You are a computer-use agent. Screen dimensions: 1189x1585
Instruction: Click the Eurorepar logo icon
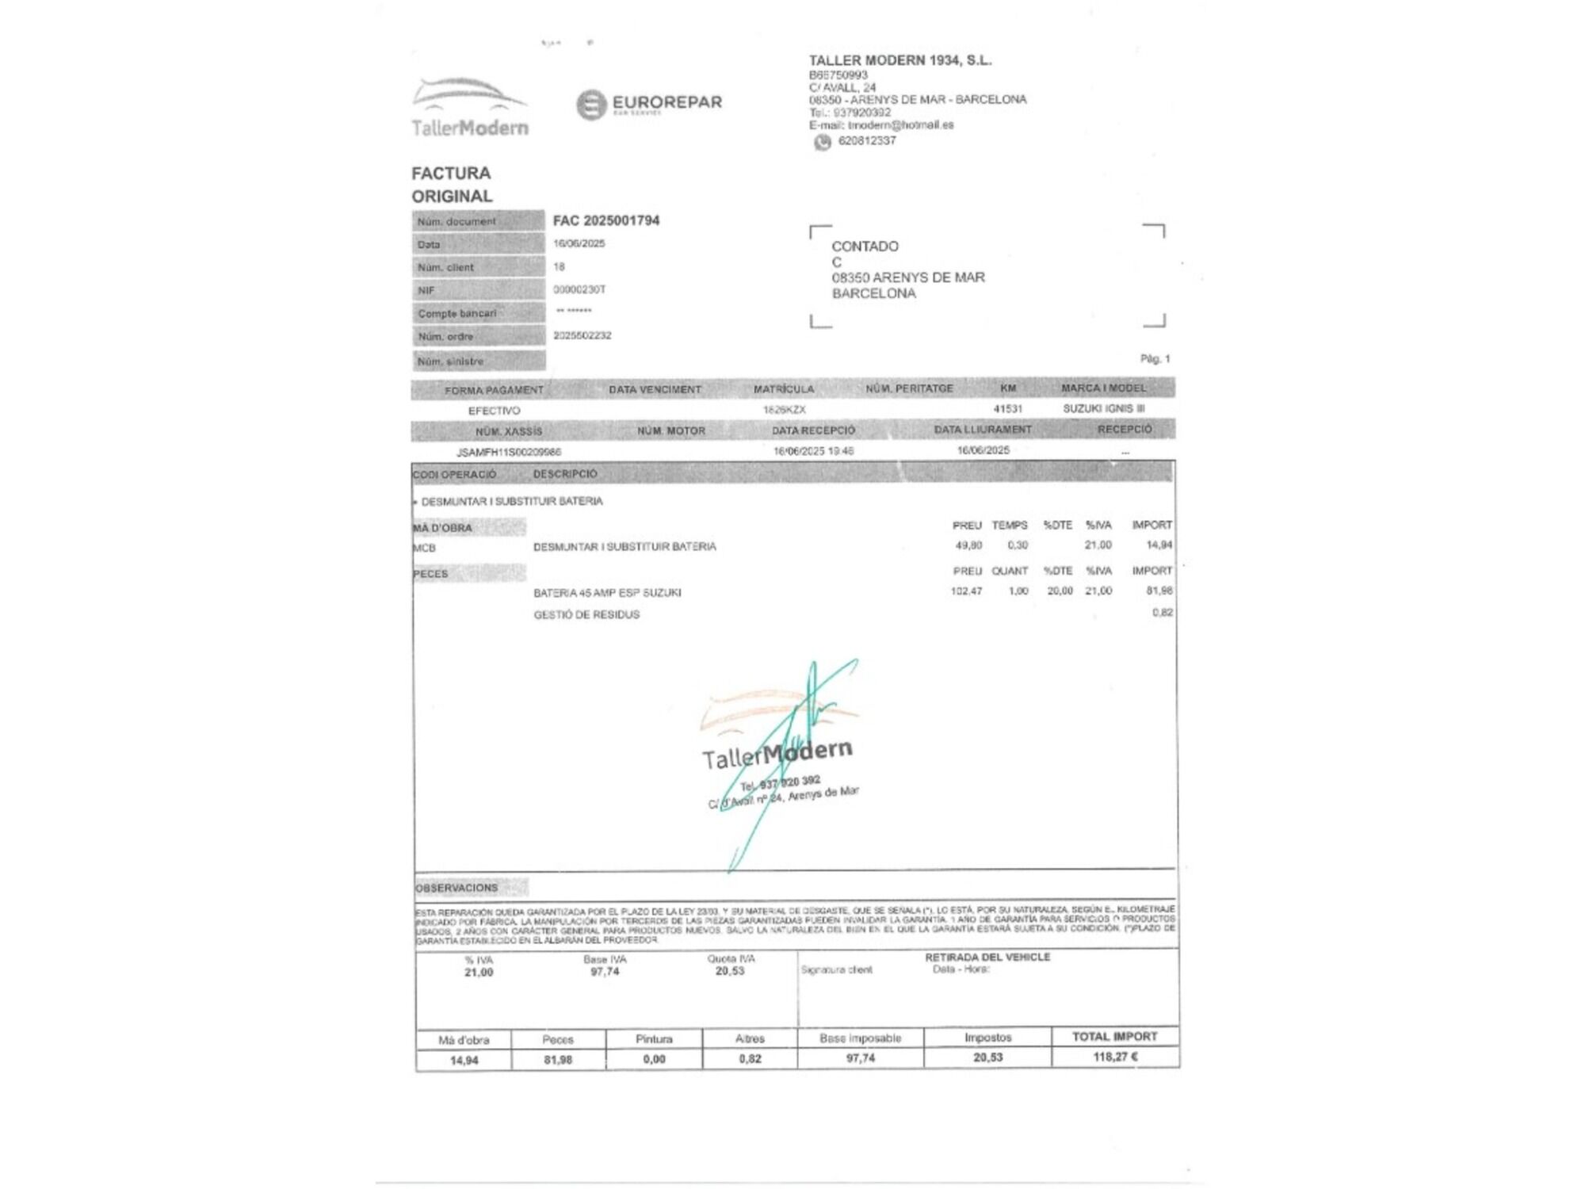[591, 105]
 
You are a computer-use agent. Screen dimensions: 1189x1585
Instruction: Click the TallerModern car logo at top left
[469, 107]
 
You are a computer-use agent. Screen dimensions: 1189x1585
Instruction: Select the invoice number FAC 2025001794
[605, 220]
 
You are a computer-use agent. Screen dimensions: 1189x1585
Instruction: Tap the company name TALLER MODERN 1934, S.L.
[899, 60]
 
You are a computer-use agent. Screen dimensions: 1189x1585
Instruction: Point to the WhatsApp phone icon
[823, 142]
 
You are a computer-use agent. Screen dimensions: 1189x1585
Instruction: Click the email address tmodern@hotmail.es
[900, 125]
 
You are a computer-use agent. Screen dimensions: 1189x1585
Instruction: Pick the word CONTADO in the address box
[865, 247]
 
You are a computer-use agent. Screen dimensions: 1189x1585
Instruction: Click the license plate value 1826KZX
[784, 410]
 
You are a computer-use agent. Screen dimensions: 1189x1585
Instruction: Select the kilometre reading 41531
[1007, 409]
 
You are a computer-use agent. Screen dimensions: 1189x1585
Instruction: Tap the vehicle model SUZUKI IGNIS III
[1103, 408]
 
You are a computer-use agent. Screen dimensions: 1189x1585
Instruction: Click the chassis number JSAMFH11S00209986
[509, 452]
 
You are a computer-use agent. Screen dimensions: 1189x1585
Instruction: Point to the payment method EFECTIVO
[494, 411]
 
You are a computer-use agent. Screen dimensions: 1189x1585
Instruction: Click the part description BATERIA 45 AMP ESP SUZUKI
[607, 593]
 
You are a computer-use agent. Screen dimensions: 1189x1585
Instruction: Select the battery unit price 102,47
[966, 591]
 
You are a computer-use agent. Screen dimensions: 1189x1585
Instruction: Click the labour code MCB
[424, 548]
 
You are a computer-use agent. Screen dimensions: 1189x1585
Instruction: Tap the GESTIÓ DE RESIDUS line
[586, 614]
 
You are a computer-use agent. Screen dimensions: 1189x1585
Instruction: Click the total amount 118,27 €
[1115, 1057]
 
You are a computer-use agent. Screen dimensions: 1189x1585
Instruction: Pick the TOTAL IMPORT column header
[1114, 1037]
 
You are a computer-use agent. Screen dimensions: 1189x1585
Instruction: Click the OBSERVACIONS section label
[456, 888]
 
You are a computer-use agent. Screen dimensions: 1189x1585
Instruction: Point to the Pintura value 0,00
[654, 1059]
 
